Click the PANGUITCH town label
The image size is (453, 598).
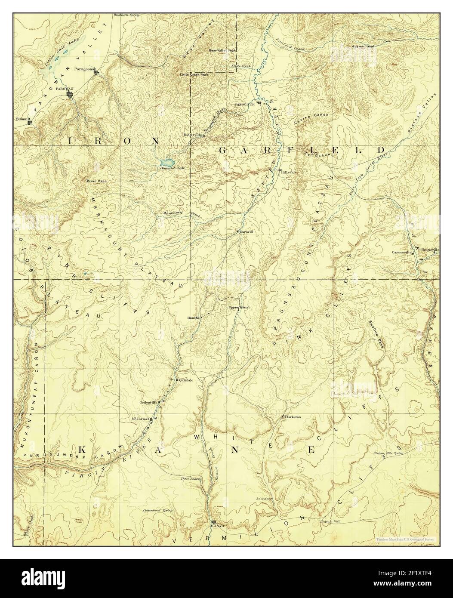[246, 104]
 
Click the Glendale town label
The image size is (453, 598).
[186, 380]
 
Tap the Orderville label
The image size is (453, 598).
[147, 402]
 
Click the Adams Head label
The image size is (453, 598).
[363, 46]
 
